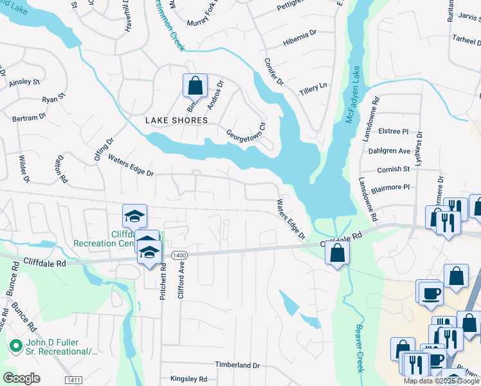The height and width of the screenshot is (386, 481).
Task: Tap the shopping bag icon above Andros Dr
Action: click(195, 86)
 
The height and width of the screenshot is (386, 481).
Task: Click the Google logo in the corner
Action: click(21, 378)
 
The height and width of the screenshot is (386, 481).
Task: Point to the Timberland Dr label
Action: click(237, 365)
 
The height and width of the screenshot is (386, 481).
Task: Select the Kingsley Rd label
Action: click(188, 379)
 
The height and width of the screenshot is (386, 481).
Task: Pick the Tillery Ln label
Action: click(314, 89)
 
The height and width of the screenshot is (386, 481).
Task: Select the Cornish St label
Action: click(393, 169)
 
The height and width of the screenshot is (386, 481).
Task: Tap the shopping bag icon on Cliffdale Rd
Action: click(337, 253)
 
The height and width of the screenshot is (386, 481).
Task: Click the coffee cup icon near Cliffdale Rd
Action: click(430, 293)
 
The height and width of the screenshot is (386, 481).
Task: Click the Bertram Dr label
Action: click(29, 118)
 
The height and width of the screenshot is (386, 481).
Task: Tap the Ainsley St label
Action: click(24, 82)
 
